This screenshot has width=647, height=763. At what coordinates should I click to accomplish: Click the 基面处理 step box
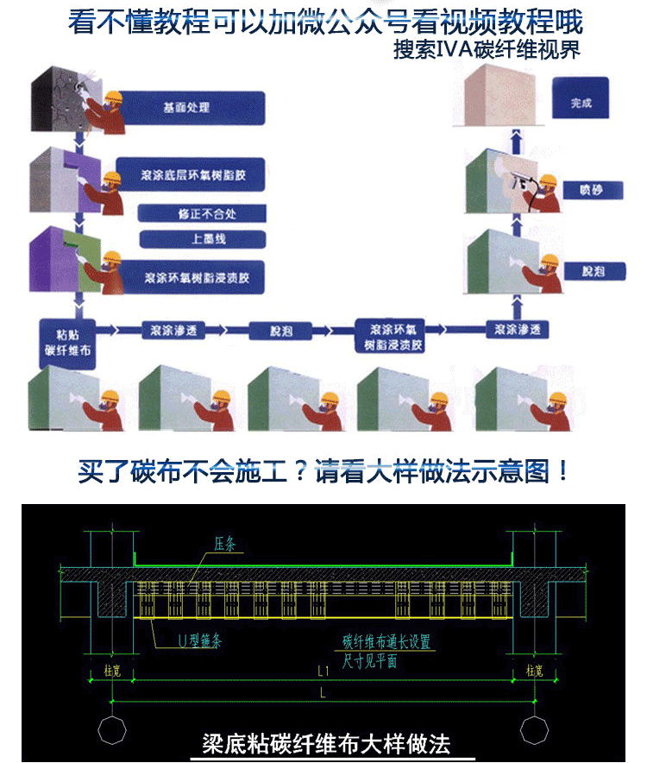186,108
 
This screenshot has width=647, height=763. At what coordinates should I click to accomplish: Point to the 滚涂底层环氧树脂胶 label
189,174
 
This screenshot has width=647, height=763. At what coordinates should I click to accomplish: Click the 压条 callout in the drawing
224,545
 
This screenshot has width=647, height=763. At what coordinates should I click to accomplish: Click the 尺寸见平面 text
369,662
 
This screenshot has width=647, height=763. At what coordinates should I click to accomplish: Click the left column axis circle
111,729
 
